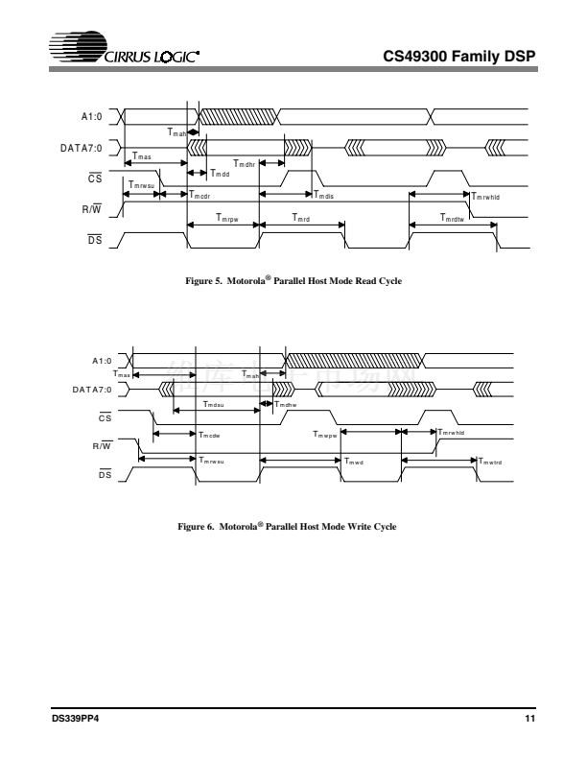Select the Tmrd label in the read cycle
303,219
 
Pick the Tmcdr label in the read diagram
200,196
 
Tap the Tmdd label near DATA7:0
220,174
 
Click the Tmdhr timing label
244,163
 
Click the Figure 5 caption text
294,281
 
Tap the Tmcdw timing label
210,435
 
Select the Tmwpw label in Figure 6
325,435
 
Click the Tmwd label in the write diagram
354,462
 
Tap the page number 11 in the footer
528,720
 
